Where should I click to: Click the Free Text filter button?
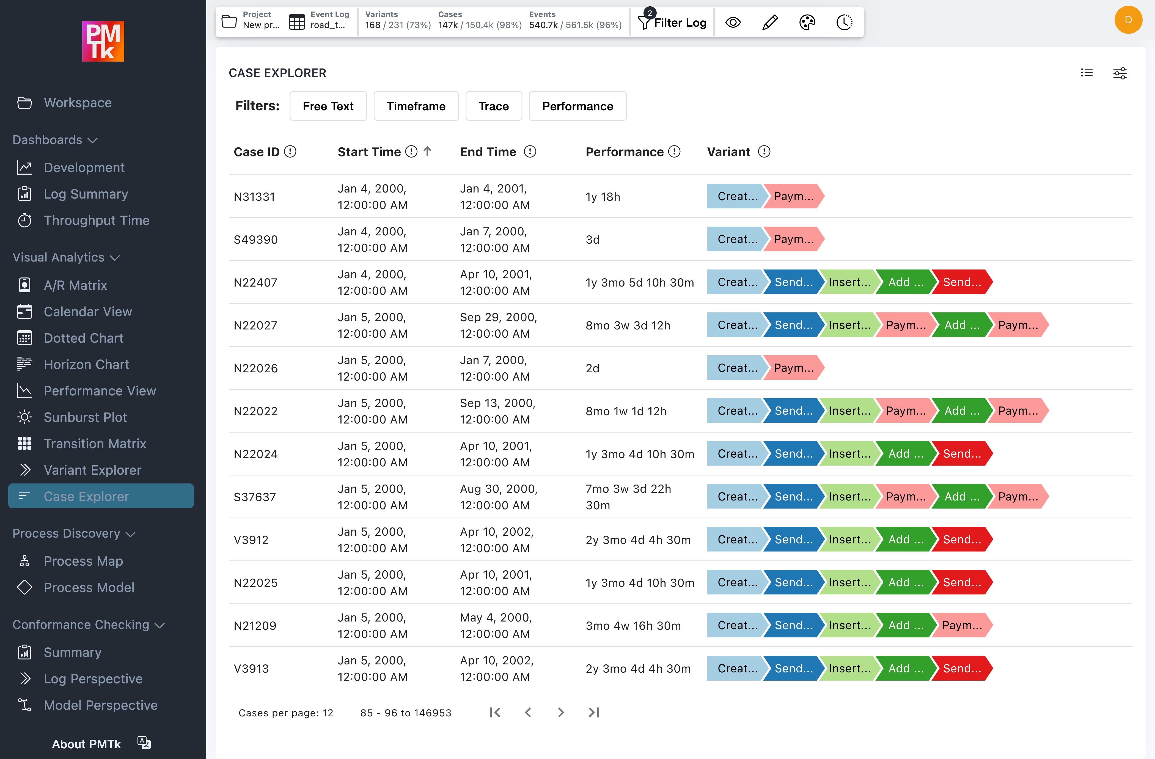[x=328, y=106]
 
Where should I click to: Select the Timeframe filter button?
[x=416, y=106]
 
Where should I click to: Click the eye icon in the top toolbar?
[x=733, y=22]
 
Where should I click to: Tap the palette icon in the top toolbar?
[x=807, y=22]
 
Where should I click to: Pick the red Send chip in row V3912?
[x=961, y=540]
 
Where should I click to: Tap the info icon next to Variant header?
[x=764, y=152]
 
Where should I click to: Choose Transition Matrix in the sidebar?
[x=95, y=444]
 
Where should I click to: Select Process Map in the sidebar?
[x=83, y=561]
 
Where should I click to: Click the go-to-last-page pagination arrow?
[x=594, y=713]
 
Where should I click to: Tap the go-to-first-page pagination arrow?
[x=495, y=713]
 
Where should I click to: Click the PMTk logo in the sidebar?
[x=103, y=41]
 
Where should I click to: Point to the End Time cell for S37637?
[x=498, y=497]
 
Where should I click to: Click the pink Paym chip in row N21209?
[x=961, y=626]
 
